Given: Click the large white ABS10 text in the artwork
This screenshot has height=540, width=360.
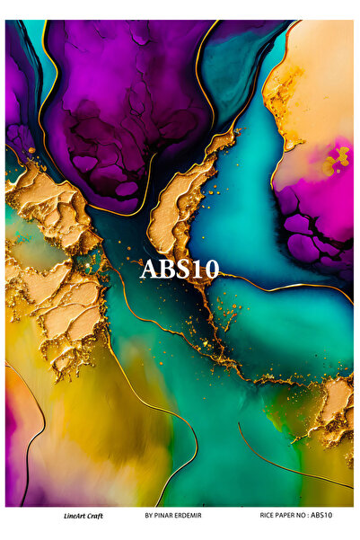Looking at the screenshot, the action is point(180,269).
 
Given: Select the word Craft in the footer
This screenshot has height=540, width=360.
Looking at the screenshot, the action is point(96,516).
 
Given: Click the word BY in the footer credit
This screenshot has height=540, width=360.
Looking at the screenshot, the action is point(148,516).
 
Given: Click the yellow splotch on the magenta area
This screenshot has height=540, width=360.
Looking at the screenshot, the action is point(336,161).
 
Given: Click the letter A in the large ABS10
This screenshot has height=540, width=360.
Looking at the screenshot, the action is point(149,269).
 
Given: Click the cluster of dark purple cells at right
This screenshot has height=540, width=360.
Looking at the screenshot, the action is point(310,234).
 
